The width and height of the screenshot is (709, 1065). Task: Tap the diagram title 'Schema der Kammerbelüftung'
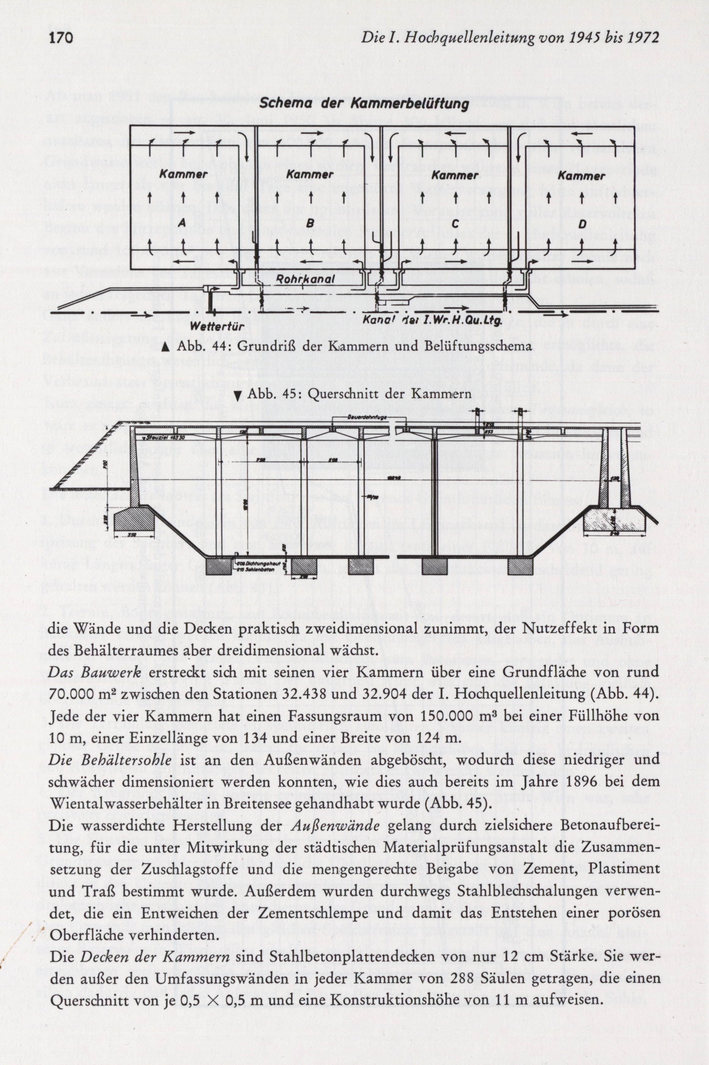364,105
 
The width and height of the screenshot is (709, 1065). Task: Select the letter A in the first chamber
182,222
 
